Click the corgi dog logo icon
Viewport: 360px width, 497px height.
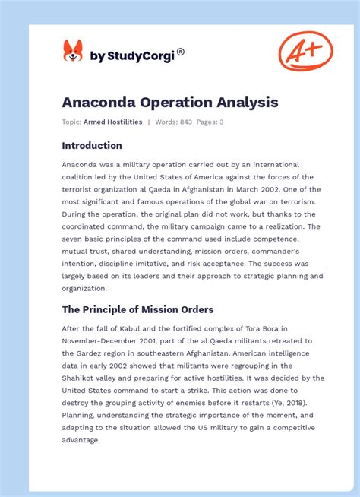pyautogui.click(x=73, y=51)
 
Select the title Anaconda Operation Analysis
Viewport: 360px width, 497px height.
pyautogui.click(x=170, y=101)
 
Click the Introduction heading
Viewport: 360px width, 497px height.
pyautogui.click(x=92, y=145)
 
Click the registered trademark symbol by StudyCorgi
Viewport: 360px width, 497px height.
pyautogui.click(x=181, y=52)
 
